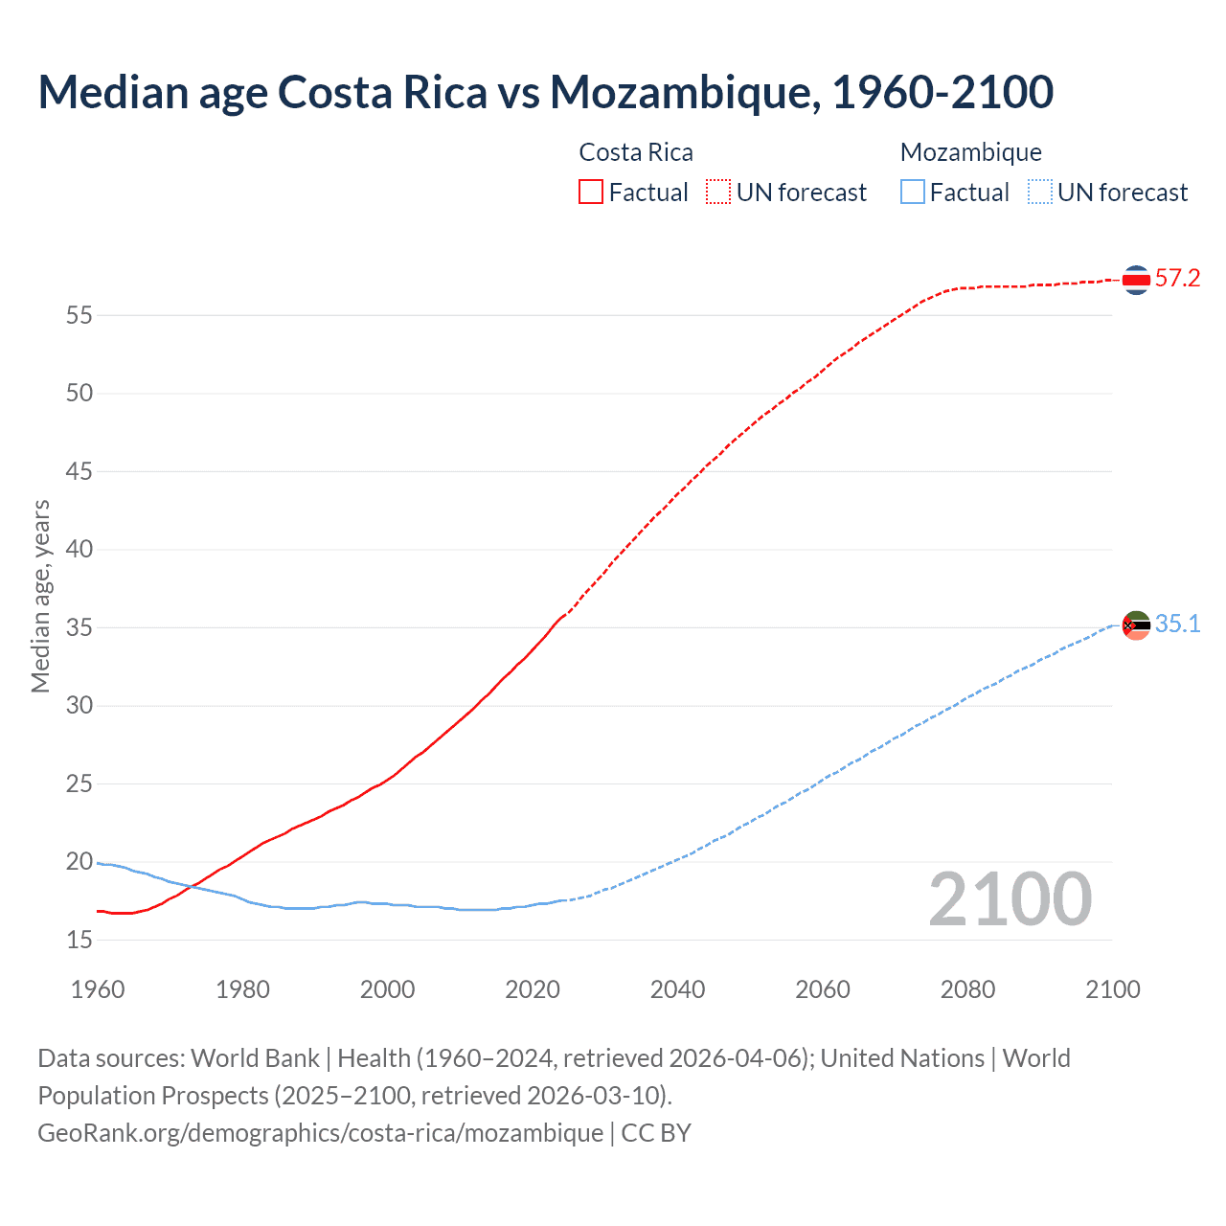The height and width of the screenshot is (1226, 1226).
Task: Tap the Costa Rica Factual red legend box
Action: pyautogui.click(x=591, y=193)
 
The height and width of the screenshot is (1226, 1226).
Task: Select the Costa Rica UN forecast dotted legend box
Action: pyautogui.click(x=718, y=193)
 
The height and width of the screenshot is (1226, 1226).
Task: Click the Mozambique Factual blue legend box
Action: pyautogui.click(x=913, y=193)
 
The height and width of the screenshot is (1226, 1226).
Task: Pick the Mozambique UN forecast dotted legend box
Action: pyautogui.click(x=1040, y=193)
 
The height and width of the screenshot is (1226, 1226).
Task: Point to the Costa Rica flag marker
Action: pyautogui.click(x=1136, y=280)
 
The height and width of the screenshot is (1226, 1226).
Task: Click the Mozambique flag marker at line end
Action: pyautogui.click(x=1136, y=625)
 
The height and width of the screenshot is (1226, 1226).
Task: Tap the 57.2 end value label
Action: pyautogui.click(x=1177, y=279)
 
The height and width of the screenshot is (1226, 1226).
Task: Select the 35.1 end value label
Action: pyautogui.click(x=1177, y=624)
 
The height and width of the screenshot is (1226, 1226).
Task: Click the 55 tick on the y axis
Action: pyautogui.click(x=79, y=315)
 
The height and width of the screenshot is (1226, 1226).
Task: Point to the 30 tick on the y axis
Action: pyautogui.click(x=79, y=706)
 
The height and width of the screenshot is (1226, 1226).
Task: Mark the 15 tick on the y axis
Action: pyautogui.click(x=79, y=941)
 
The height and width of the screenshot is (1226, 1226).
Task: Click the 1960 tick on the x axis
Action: pyautogui.click(x=98, y=989)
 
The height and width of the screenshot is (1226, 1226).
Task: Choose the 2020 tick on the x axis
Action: pyautogui.click(x=533, y=989)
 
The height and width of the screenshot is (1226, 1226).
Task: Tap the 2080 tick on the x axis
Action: pyautogui.click(x=967, y=989)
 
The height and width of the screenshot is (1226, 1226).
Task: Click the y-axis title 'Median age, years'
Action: pyautogui.click(x=40, y=596)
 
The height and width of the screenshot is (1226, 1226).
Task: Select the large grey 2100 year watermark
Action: pyautogui.click(x=1010, y=899)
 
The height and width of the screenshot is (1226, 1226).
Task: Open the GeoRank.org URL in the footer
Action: pyautogui.click(x=321, y=1133)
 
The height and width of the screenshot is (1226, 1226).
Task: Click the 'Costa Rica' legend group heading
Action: pyautogui.click(x=636, y=152)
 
